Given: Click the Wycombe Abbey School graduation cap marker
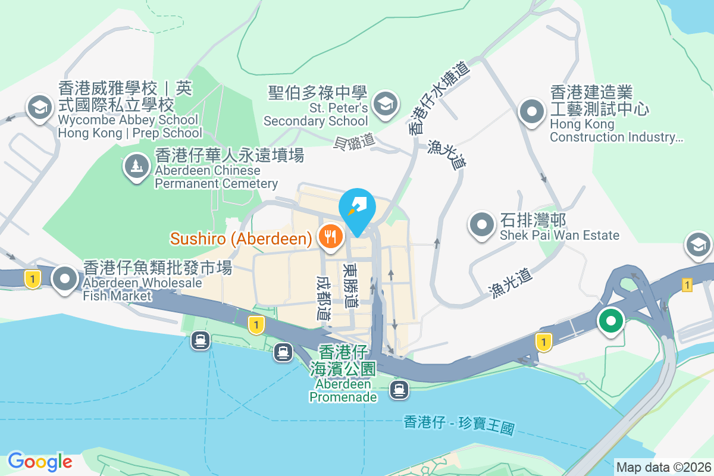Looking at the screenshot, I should point(40,108).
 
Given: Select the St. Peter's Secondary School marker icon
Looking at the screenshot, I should point(385,104).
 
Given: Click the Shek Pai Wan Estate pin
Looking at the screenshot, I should point(482,225).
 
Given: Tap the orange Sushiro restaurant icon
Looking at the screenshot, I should point(330,237).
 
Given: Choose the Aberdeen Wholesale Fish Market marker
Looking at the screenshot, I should point(64,278).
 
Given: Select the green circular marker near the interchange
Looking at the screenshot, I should point(610,321).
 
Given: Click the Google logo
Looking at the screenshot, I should point(40,461).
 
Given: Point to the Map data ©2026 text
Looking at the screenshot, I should point(663,467).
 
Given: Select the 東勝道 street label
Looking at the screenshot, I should point(350,286).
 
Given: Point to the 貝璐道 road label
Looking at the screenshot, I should point(355,141).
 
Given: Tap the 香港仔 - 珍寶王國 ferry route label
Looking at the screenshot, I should point(458,424).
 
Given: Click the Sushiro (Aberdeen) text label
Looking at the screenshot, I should point(241,239).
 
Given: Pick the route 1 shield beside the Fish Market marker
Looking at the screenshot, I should point(33,278).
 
